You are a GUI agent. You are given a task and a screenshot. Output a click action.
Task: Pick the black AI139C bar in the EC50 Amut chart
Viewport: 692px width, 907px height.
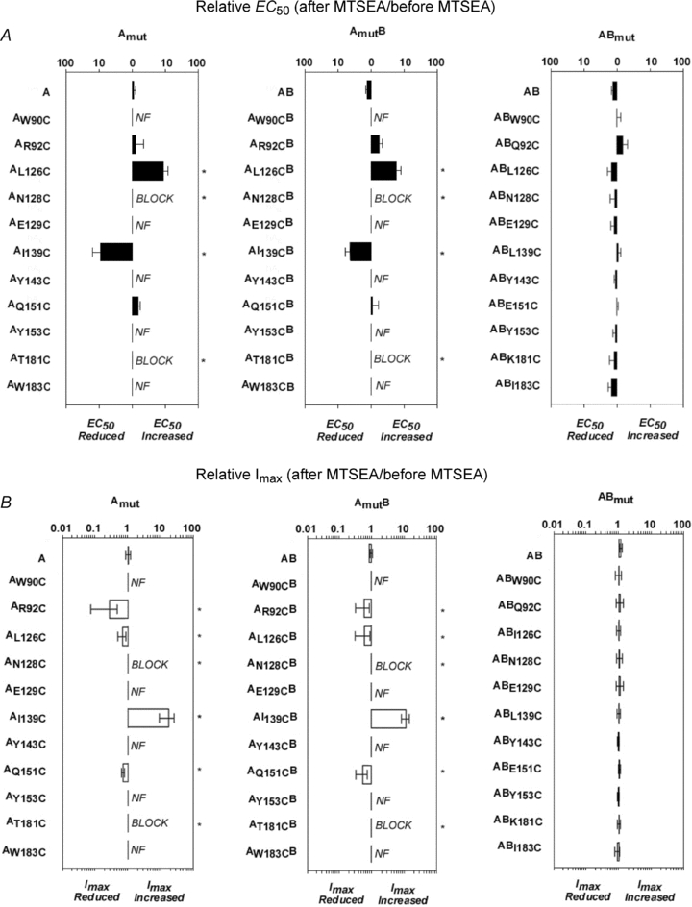pyautogui.click(x=116, y=253)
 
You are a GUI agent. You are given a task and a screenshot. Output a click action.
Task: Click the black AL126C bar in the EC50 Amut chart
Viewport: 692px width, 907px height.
pyautogui.click(x=148, y=171)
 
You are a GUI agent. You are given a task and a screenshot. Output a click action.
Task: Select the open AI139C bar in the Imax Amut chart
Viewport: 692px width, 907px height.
pyautogui.click(x=148, y=717)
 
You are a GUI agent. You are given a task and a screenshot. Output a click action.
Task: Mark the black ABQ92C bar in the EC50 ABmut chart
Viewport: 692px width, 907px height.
pyautogui.click(x=621, y=144)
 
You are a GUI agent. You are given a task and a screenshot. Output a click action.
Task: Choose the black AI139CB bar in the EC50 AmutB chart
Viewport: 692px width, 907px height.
pyautogui.click(x=360, y=253)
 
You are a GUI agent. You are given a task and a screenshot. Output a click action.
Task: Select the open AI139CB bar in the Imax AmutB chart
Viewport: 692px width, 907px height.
pyautogui.click(x=388, y=718)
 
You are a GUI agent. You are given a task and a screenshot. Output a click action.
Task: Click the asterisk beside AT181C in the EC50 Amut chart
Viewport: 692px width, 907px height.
pyautogui.click(x=204, y=361)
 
